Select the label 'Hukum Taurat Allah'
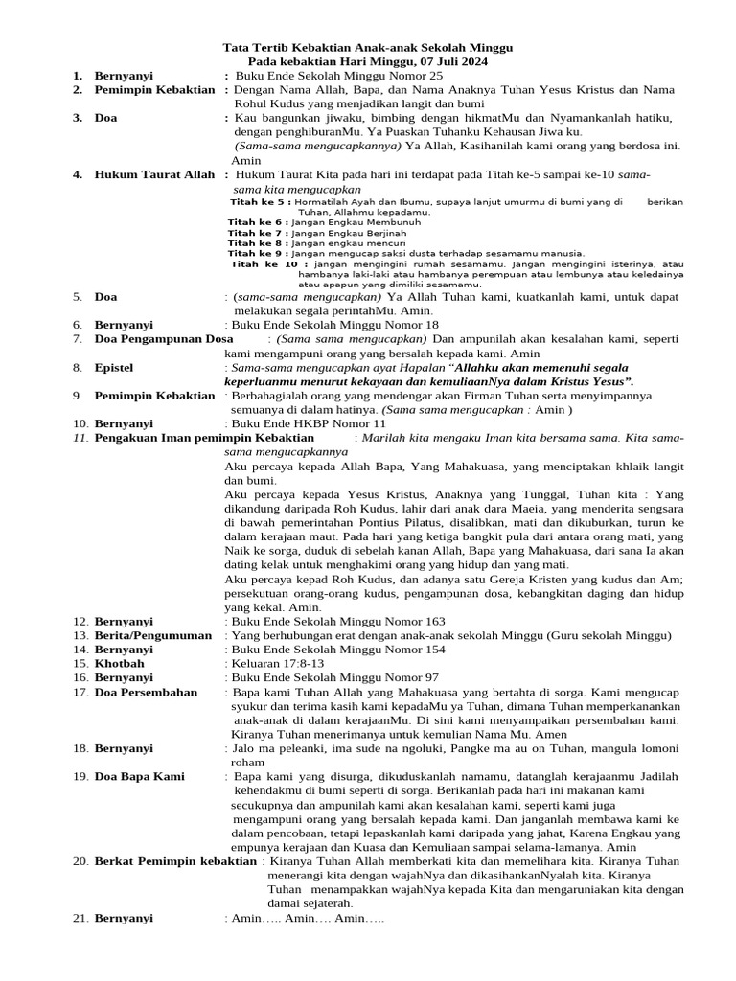[154, 175]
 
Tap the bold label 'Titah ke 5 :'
[261, 203]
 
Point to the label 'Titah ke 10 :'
[269, 263]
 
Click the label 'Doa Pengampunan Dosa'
[164, 339]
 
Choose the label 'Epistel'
[114, 367]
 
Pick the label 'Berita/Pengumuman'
[153, 635]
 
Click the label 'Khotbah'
[120, 663]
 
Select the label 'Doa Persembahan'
[146, 691]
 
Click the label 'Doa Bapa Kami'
[140, 776]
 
